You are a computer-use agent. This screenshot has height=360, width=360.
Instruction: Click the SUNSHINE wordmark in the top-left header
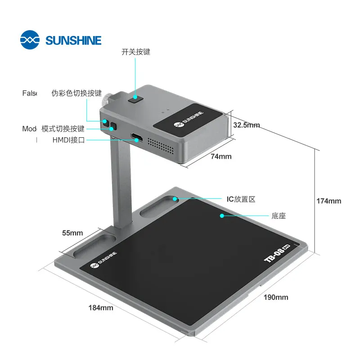[x=73, y=40]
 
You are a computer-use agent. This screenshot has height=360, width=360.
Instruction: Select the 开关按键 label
[x=136, y=52]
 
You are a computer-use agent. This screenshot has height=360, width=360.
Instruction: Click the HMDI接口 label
[x=68, y=140]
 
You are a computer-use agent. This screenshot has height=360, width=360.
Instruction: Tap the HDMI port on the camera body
[x=136, y=137]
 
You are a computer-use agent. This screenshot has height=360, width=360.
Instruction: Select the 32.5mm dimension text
[x=246, y=125]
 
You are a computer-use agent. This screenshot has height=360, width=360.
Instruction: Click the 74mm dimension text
[x=221, y=156]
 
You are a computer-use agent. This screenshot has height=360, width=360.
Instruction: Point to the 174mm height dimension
[x=328, y=201]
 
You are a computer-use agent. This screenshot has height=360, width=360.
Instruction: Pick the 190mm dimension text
[x=276, y=297]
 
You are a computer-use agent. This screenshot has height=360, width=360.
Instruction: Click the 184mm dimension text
[x=101, y=308]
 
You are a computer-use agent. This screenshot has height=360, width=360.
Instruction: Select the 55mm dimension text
[x=72, y=233]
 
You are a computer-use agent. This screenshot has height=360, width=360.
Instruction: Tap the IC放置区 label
[x=241, y=199]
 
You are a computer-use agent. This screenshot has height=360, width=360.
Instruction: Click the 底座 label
[x=279, y=216]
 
